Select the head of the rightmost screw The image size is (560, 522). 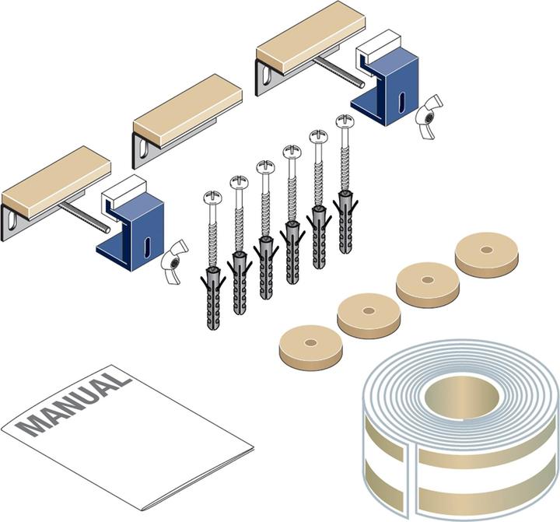pos(345,121)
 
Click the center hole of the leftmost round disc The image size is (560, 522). pos(310,342)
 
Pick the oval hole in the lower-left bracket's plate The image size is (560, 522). pos(12,219)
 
